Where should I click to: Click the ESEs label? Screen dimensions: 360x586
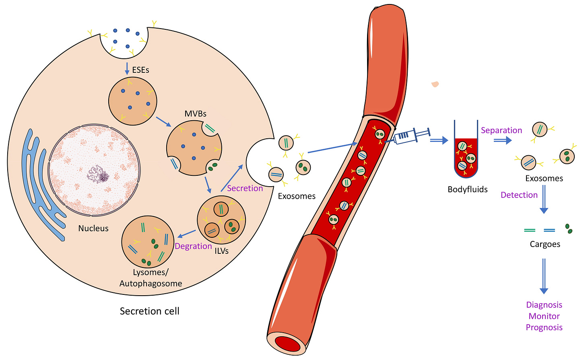coord(140,70)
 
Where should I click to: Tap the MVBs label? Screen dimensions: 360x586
coord(195,114)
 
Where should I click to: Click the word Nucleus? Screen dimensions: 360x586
coord(93,228)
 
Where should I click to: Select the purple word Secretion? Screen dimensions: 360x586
coord(245,188)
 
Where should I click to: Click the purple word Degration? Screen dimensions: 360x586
coord(193,246)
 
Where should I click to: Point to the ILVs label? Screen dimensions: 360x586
coord(221,251)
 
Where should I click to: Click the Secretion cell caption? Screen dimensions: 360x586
coord(149,311)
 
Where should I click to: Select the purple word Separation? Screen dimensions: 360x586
coord(501,130)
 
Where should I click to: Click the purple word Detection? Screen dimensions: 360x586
coord(519,195)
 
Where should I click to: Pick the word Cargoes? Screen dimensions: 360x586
coord(545,244)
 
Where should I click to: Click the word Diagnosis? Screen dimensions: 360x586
coord(544,305)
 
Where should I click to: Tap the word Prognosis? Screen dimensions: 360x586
coord(544,327)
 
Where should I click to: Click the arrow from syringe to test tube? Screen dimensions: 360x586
coord(439,140)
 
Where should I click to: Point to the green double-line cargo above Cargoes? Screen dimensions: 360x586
coord(530,230)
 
